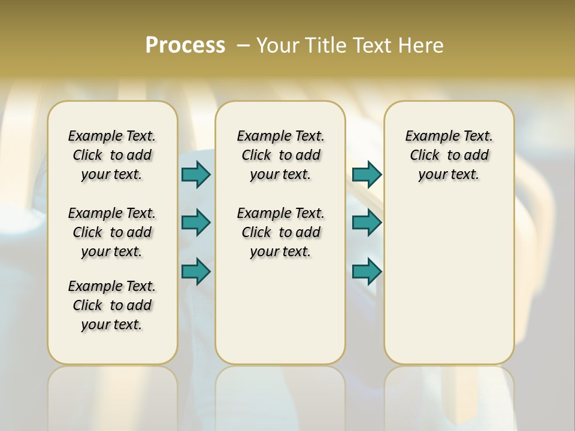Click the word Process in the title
point(185,45)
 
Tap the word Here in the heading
point(420,45)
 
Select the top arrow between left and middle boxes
point(196,174)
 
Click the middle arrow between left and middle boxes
point(196,223)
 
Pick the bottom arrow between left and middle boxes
point(196,271)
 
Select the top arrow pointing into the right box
point(367,174)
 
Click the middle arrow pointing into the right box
point(367,223)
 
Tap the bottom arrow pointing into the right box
point(367,271)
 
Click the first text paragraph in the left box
point(112,155)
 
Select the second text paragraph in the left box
point(112,232)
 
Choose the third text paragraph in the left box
point(112,305)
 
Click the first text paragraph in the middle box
point(281,155)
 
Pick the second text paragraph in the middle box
point(281,232)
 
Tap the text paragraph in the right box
point(449,155)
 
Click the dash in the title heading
point(243,45)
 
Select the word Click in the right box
point(425,156)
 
